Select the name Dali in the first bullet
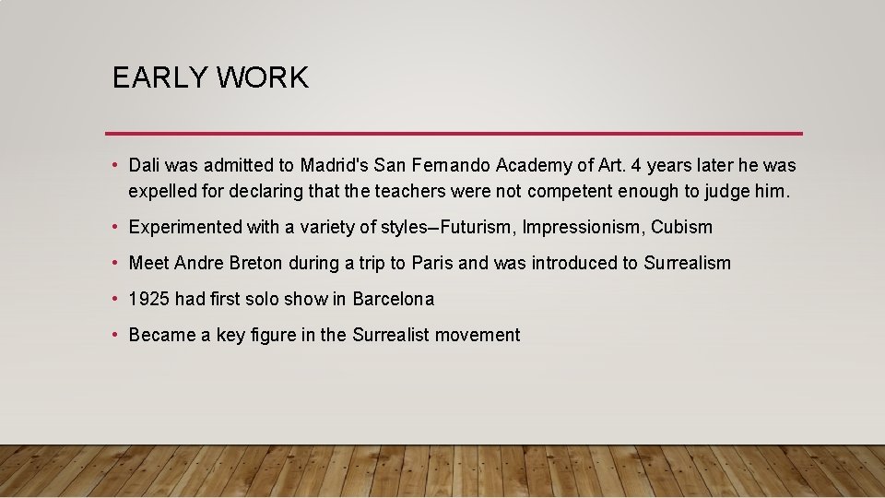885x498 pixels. click(x=145, y=166)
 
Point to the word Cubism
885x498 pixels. click(x=681, y=227)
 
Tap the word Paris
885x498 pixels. click(x=432, y=264)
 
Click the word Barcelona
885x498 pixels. click(x=393, y=299)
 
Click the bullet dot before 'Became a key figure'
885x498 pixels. click(x=113, y=335)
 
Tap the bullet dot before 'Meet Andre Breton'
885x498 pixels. click(x=113, y=263)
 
